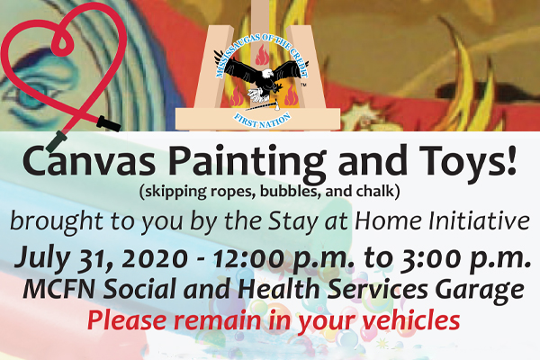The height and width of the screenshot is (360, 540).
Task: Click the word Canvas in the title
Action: (x=89, y=161)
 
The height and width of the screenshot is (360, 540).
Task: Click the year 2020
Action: (x=151, y=258)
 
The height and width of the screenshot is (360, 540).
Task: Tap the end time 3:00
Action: (x=433, y=258)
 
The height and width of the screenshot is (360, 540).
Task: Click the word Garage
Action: (x=480, y=291)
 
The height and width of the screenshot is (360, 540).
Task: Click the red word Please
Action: (x=128, y=320)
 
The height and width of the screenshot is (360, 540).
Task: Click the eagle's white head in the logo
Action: (x=267, y=74)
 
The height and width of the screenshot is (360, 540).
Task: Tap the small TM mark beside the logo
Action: (x=304, y=85)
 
